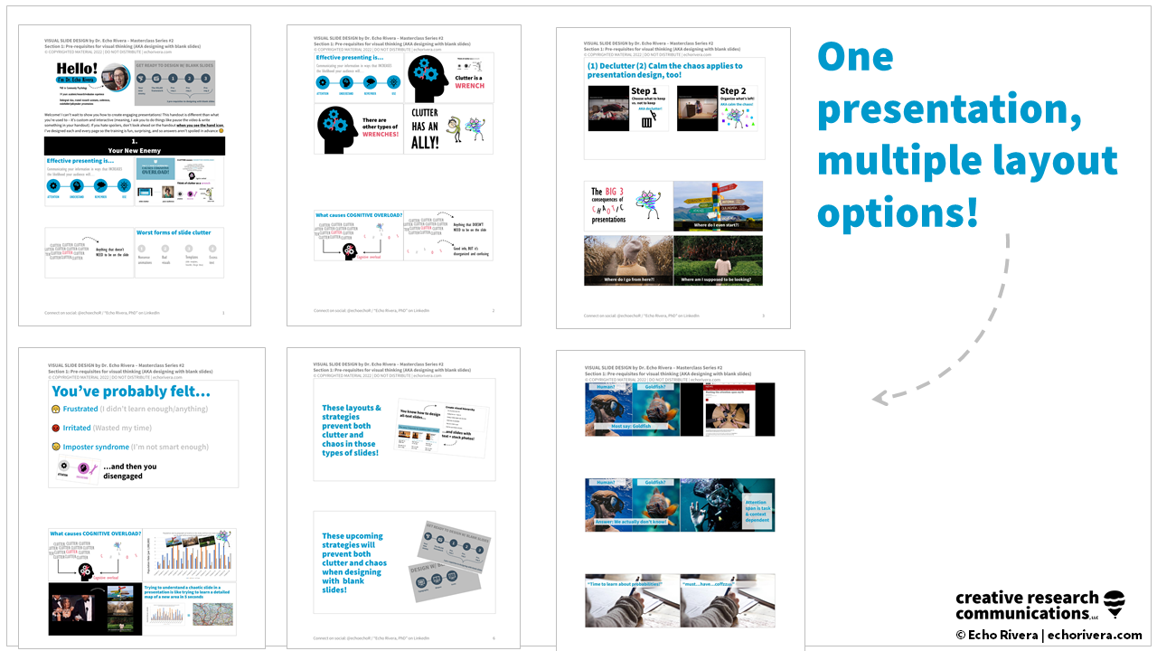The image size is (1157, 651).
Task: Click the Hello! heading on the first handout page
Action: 77,71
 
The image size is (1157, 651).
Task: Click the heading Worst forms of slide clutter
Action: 174,232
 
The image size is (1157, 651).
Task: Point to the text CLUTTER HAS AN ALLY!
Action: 424,127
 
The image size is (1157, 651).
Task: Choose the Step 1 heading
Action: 644,91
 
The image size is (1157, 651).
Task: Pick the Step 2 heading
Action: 733,91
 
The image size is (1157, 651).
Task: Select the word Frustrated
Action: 80,410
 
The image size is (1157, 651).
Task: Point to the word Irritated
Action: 77,428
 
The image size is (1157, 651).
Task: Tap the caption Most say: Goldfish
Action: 630,426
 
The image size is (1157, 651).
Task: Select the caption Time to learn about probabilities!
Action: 633,585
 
